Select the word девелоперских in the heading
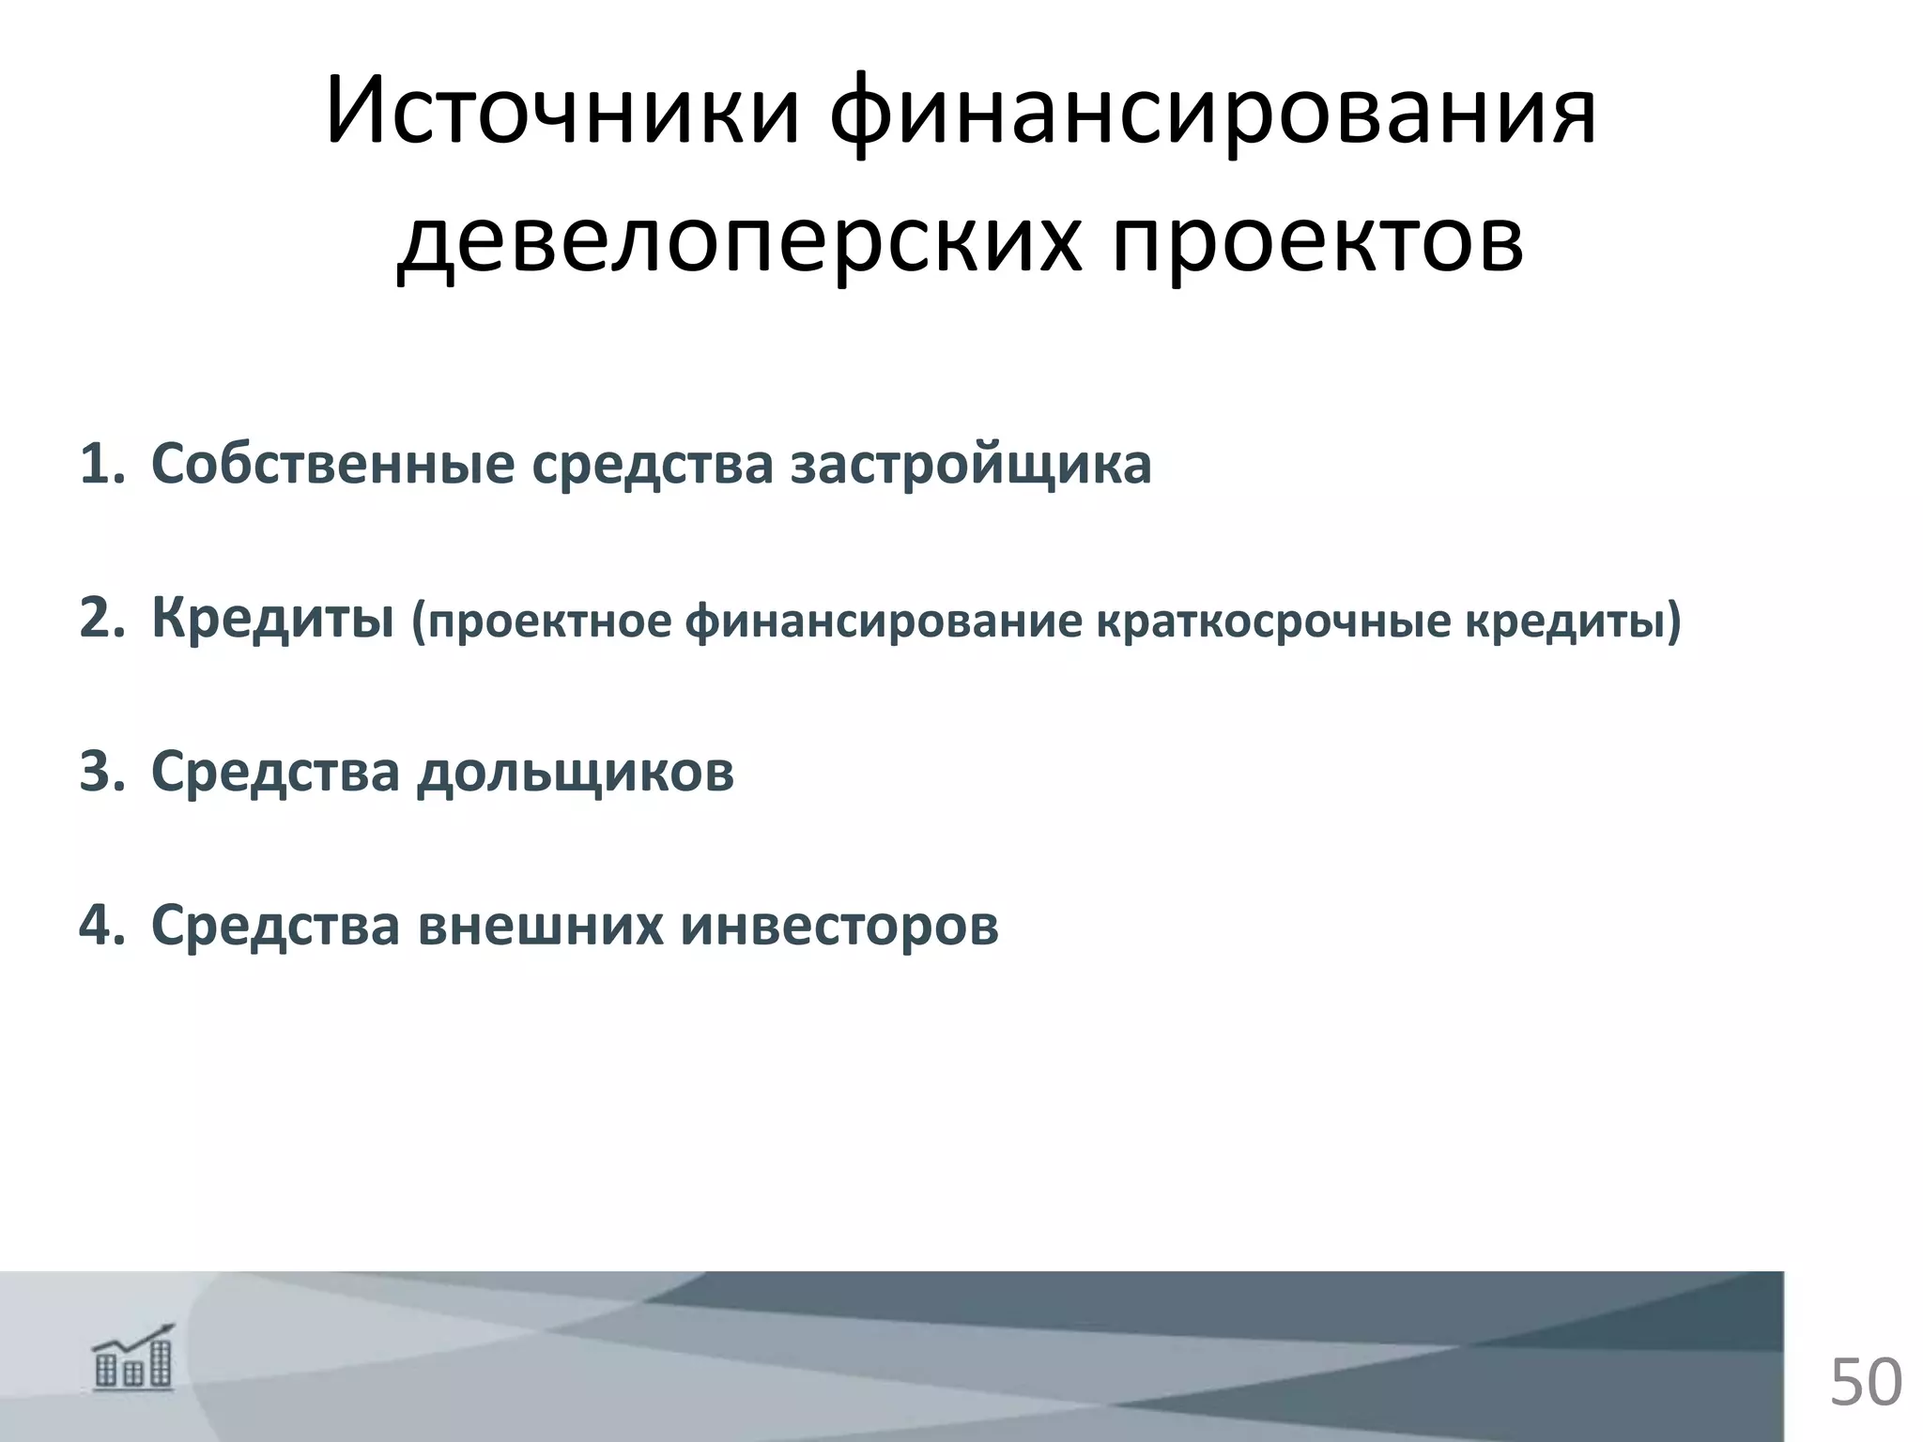pos(738,242)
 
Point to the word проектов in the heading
pos(1317,242)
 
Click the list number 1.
pos(100,464)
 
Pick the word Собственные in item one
pos(332,464)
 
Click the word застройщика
pos(970,464)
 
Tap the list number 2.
pos(100,619)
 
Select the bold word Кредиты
pos(272,619)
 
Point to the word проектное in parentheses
pos(549,621)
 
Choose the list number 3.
pos(100,772)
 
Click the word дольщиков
pos(575,772)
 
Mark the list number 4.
pos(100,925)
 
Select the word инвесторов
pos(838,925)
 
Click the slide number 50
pos(1865,1381)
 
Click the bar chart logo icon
pos(133,1358)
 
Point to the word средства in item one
pos(653,464)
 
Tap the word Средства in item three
pos(275,772)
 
